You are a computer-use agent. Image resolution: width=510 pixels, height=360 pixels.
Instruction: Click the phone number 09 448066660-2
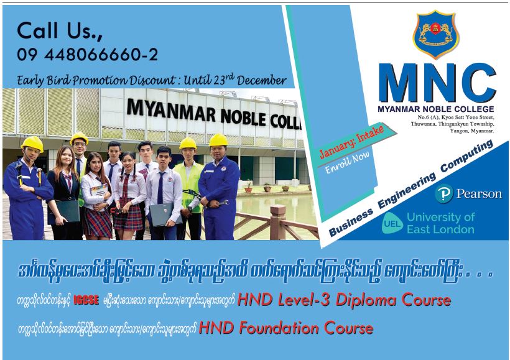pos(88,54)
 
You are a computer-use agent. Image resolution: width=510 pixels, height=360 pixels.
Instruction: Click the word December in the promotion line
pos(262,80)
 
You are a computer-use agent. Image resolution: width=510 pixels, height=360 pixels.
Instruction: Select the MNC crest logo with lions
pos(436,34)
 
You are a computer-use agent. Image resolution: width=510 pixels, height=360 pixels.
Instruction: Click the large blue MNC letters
pos(437,83)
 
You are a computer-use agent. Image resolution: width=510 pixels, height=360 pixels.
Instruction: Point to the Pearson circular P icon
pos(444,194)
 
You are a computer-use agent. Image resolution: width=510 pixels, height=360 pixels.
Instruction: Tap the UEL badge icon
pos(392,223)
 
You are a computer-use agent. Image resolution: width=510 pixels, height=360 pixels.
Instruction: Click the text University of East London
pos(441,223)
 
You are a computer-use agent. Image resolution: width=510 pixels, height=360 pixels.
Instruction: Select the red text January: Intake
pos(352,142)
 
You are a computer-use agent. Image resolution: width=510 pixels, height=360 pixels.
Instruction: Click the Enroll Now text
pos(348,162)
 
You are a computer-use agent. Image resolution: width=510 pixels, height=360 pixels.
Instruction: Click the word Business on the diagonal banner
pos(351,222)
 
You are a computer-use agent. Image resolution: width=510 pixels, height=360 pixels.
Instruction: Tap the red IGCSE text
pos(86,300)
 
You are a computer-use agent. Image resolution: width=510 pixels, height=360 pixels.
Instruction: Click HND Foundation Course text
pos(286,328)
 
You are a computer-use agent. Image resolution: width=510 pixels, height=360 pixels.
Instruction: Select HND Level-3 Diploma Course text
pos(345,300)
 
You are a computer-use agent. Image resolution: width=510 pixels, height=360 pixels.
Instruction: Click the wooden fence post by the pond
pos(278,223)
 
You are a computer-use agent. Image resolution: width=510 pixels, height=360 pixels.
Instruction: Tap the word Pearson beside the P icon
pos(479,194)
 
